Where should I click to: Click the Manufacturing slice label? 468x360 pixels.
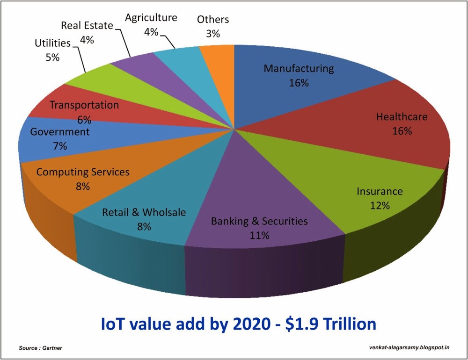point(299,69)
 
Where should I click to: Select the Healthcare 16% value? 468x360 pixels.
point(402,131)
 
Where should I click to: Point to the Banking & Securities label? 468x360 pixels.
point(259,221)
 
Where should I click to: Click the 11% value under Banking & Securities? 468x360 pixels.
point(259,235)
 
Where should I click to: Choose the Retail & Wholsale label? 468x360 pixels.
point(144,213)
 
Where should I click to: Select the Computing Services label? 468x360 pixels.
point(83,172)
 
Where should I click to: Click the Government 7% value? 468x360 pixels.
point(60,146)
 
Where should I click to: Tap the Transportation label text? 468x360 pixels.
point(84,105)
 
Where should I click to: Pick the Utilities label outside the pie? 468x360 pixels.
point(52,43)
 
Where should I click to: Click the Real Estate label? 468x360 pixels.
point(87,26)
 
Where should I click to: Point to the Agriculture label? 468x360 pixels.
point(151,18)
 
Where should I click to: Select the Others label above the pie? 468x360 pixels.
point(213,20)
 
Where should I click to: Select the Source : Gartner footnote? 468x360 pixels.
point(41,348)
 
